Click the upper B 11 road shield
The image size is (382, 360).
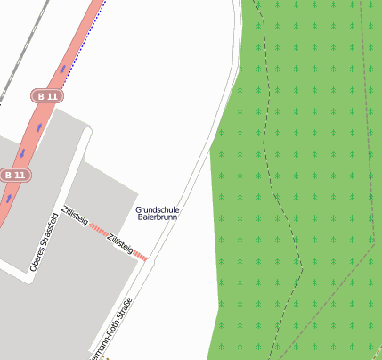pyautogui.click(x=47, y=95)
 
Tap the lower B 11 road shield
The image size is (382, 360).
pyautogui.click(x=13, y=175)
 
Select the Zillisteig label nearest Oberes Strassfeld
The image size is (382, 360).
pyautogui.click(x=74, y=215)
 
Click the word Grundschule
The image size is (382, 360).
pyautogui.click(x=157, y=209)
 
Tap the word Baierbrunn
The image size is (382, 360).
pyautogui.click(x=157, y=217)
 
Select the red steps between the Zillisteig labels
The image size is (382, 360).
pyautogui.click(x=97, y=229)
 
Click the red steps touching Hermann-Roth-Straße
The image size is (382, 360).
pyautogui.click(x=141, y=256)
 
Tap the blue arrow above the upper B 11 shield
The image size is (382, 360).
pyautogui.click(x=63, y=69)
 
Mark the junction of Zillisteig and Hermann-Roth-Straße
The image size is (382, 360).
pyautogui.click(x=147, y=259)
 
